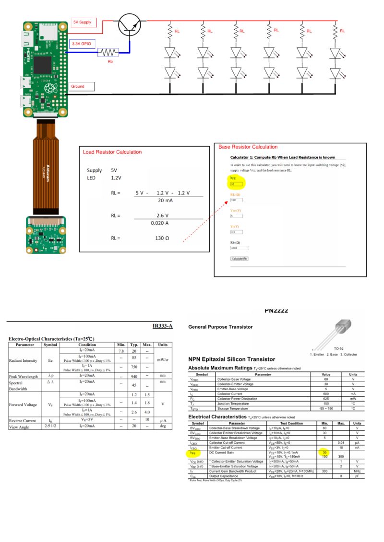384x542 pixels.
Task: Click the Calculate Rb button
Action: coord(240,258)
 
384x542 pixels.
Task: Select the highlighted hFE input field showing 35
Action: coord(237,184)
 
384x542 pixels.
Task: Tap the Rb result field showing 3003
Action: coord(240,248)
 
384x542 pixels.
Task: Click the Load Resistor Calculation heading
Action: coord(112,152)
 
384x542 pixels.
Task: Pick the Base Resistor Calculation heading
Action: coord(248,147)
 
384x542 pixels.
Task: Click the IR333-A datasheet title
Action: coord(162,327)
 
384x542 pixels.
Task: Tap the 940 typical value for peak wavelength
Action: coord(134,377)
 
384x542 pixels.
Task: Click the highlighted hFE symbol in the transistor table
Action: coord(192,452)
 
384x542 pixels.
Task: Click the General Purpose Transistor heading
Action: coord(220,327)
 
